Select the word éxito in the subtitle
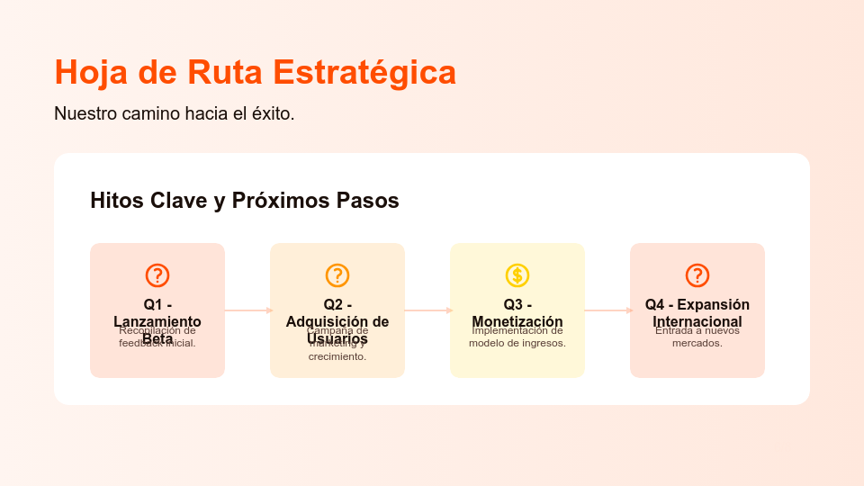pos(271,114)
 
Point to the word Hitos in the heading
pos(117,201)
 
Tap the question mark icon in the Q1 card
pos(157,275)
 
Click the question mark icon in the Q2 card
pos(337,275)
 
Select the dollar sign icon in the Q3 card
pos(517,275)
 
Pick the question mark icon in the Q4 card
pos(697,275)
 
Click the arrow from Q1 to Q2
pos(247,310)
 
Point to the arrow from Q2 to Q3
pos(427,310)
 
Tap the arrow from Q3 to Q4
pos(607,310)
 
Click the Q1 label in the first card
pos(152,304)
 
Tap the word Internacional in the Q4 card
pos(697,321)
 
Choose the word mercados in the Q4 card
pos(697,343)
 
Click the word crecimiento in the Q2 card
pos(337,356)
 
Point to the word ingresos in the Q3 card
pos(542,343)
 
